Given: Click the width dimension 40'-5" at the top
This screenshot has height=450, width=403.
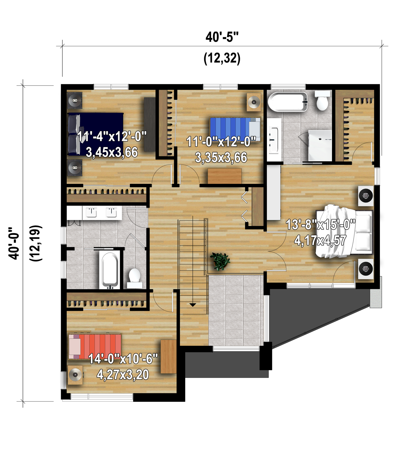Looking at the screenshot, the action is [x=222, y=37].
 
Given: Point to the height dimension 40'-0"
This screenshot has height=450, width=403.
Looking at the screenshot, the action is [x=14, y=243].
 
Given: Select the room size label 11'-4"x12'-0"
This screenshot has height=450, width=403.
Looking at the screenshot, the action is [x=112, y=136].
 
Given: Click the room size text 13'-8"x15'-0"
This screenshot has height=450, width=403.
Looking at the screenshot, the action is [x=320, y=224].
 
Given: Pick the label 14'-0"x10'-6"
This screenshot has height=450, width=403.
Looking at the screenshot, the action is [x=123, y=359].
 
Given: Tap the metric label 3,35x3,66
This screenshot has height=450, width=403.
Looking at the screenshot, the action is [x=221, y=157].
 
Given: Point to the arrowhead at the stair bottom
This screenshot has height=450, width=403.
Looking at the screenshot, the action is [x=193, y=305].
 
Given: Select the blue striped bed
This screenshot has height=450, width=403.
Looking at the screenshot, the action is [x=235, y=129].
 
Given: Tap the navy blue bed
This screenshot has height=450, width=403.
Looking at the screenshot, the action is [x=96, y=134].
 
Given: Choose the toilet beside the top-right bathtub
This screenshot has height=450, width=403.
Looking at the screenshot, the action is [x=322, y=100].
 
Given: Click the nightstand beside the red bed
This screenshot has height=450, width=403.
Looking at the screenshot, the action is [x=75, y=375].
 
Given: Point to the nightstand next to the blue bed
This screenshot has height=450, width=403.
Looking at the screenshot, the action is [x=254, y=102].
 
